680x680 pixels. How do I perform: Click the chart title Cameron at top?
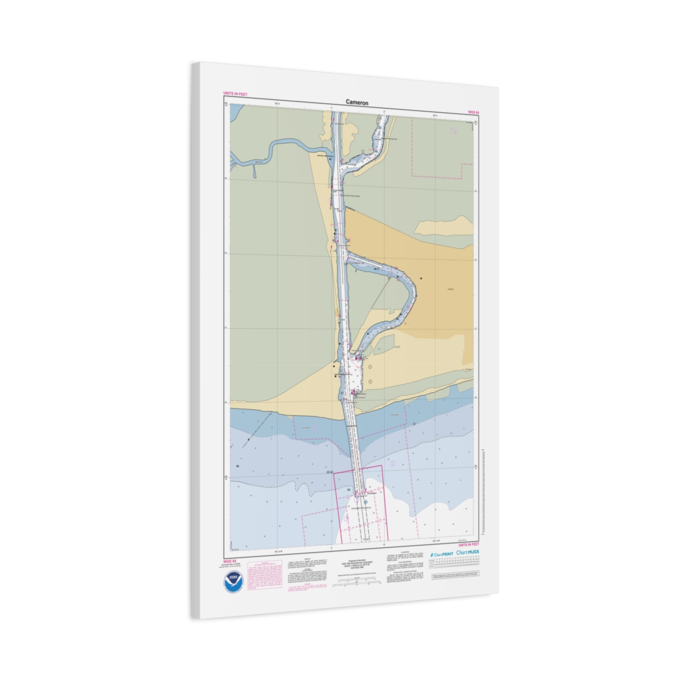[x=357, y=103]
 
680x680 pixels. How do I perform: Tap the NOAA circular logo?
[x=233, y=583]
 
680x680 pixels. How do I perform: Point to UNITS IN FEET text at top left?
[x=235, y=94]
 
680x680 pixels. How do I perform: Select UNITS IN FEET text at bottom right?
[x=468, y=545]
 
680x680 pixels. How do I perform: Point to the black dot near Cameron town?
[x=421, y=278]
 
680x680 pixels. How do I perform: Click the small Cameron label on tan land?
[x=450, y=289]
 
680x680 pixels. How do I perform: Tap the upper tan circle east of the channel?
[x=369, y=367]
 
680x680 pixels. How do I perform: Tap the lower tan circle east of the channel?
[x=370, y=381]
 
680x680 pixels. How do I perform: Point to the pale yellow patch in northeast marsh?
[x=443, y=226]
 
